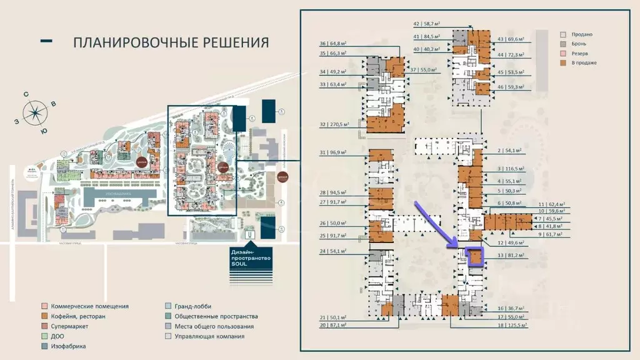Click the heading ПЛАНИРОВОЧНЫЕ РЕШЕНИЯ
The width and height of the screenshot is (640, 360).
coord(171,42)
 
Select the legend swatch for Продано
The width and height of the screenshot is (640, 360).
coord(563,34)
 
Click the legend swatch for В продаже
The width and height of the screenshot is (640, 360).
coord(563,62)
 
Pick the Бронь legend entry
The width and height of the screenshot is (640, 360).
coord(581,44)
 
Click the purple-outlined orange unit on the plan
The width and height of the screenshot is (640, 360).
coord(476,257)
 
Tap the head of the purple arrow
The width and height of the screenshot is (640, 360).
coord(462,248)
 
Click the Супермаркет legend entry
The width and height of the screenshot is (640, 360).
coord(69,326)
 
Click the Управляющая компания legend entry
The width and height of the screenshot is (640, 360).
coord(210,336)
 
